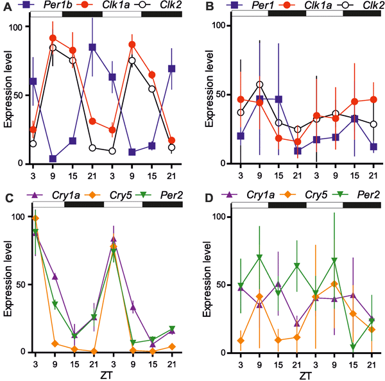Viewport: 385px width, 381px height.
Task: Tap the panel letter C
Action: [5, 197]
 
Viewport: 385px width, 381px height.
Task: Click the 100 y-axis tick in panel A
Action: [15, 27]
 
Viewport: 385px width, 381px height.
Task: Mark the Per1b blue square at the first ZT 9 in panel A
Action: [52, 158]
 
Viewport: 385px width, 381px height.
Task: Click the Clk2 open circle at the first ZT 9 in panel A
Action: [52, 48]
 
